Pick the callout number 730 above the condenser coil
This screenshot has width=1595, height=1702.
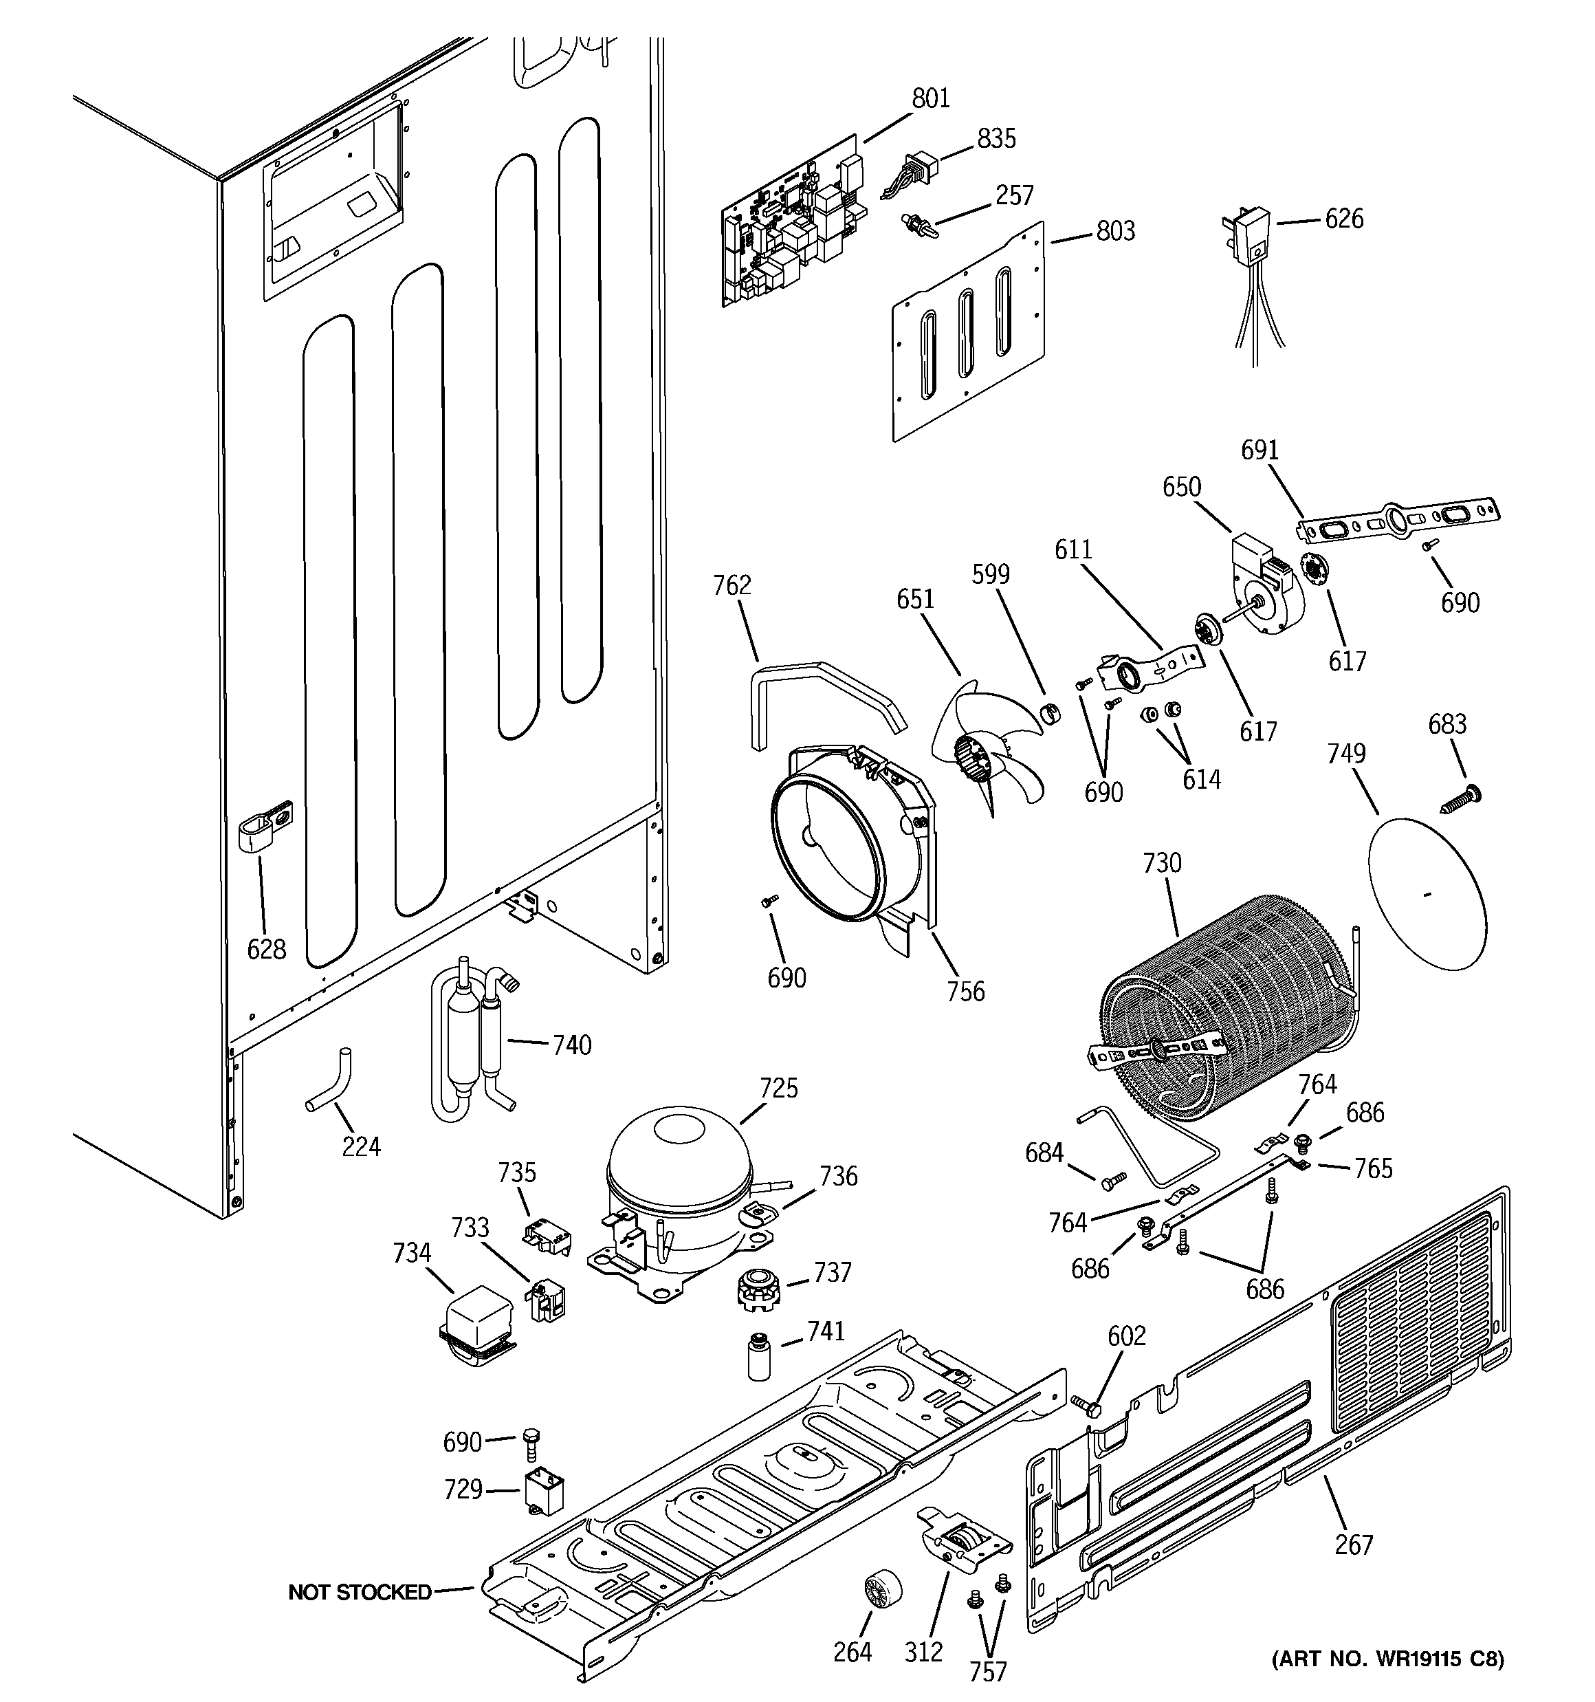pyautogui.click(x=1161, y=863)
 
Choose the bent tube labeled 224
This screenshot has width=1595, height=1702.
pyautogui.click(x=329, y=1084)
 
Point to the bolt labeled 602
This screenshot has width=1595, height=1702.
pyautogui.click(x=1085, y=1406)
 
